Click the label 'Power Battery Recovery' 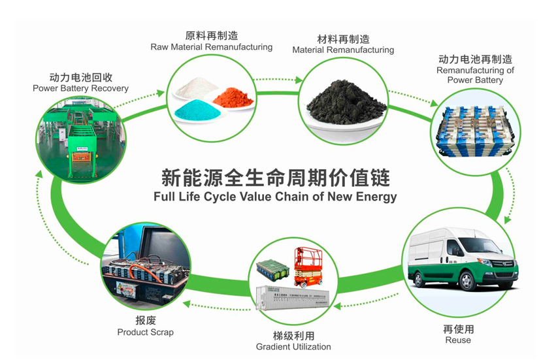(x=80, y=88)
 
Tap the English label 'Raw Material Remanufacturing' (x=211, y=47)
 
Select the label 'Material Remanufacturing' (x=343, y=50)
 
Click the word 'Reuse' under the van (x=457, y=340)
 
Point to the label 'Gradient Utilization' (x=293, y=346)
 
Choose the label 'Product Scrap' (x=145, y=332)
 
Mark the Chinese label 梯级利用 (x=293, y=335)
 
